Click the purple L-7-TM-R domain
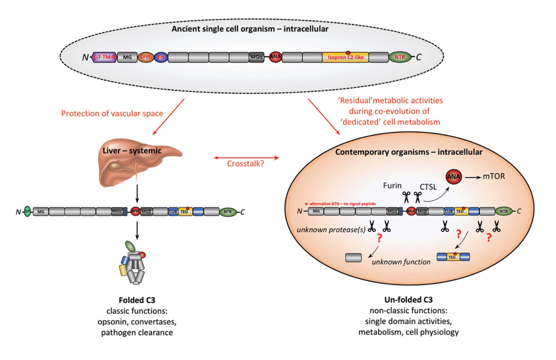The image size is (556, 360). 105,57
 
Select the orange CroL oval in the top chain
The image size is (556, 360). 146,57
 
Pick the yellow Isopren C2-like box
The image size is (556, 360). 345,57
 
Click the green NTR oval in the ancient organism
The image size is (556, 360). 400,57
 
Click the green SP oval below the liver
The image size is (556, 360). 27,211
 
